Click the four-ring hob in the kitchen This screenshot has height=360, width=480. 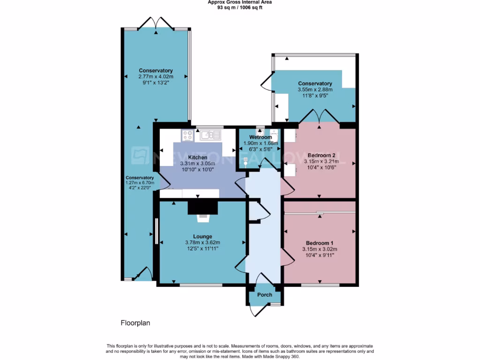click(188, 135)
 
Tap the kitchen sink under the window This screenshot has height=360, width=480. click(210, 135)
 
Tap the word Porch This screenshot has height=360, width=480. click(264, 295)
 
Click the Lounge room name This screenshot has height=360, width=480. click(202, 236)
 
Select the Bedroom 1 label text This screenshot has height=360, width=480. click(320, 243)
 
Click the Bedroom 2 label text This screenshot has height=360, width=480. click(321, 155)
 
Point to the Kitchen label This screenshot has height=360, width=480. click(197, 157)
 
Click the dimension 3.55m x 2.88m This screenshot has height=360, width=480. click(315, 90)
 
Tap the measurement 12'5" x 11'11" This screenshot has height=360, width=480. click(202, 248)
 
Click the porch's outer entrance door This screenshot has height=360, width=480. click(257, 310)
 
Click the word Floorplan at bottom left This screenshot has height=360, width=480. click(135, 323)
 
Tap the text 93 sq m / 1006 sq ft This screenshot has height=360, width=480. click(240, 7)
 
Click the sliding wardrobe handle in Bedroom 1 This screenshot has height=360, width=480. click(320, 213)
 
